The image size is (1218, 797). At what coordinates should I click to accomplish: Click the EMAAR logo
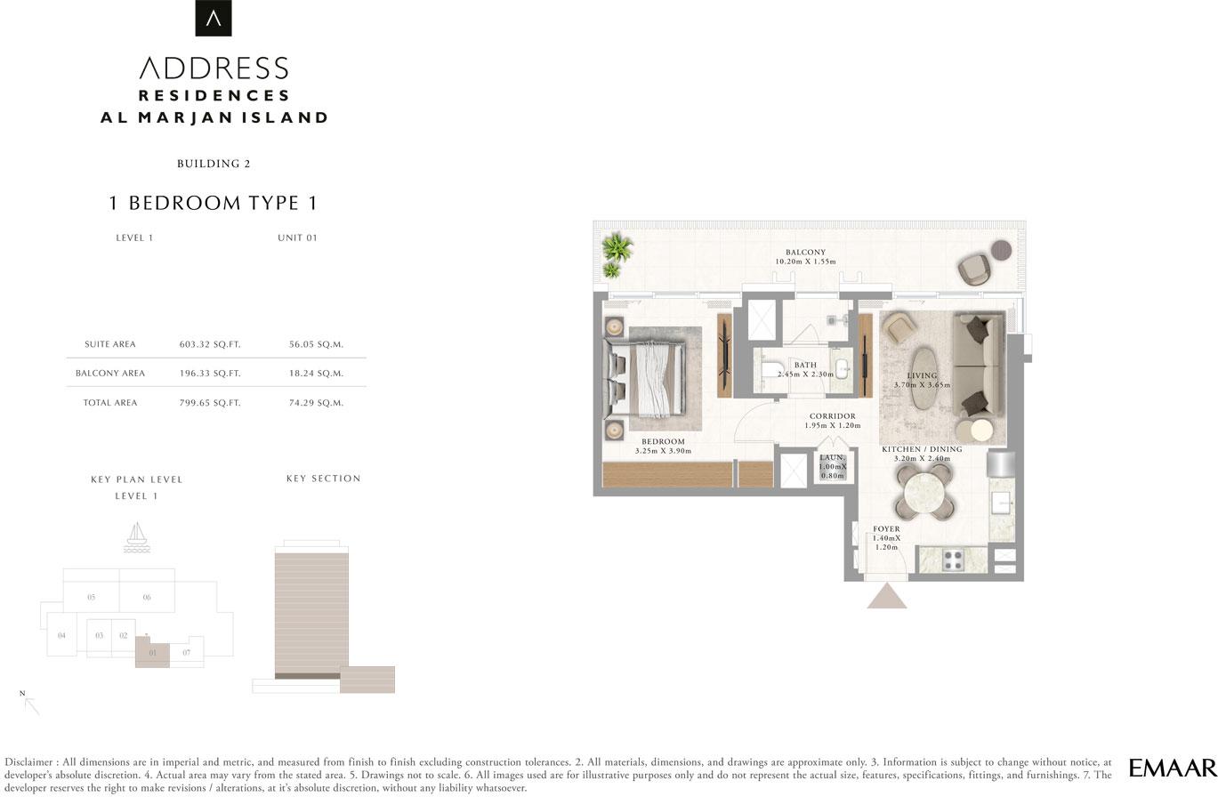(x=1173, y=769)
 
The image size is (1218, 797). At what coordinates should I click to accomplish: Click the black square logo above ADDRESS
(x=214, y=18)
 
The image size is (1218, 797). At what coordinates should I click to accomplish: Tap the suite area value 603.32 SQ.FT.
(x=210, y=344)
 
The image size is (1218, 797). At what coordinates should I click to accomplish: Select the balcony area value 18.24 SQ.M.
(x=316, y=374)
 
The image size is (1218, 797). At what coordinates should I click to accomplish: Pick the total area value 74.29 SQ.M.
(x=316, y=403)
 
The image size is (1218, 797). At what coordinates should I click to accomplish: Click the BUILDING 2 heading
(x=214, y=164)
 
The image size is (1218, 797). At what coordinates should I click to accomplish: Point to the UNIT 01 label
(x=297, y=237)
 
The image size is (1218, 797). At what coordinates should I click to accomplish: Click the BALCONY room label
(x=805, y=253)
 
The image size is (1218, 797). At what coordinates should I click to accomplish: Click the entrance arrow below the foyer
(x=887, y=596)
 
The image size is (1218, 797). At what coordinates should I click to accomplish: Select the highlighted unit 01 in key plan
(x=152, y=651)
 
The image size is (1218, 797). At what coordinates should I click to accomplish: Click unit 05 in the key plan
(x=92, y=597)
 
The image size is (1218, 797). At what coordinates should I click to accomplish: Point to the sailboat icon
(x=136, y=537)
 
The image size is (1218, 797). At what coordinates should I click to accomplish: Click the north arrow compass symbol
(x=30, y=704)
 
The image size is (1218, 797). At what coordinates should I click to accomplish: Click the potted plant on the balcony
(x=617, y=254)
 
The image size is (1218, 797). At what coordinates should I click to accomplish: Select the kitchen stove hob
(x=953, y=560)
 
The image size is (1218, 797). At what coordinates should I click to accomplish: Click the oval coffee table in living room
(x=924, y=378)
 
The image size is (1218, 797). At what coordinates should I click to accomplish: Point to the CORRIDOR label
(x=833, y=416)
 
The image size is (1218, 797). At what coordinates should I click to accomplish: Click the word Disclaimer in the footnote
(x=28, y=762)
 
